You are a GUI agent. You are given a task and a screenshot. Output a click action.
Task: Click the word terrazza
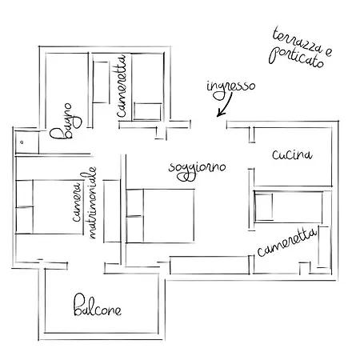297,42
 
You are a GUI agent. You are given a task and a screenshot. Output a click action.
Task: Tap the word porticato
296,58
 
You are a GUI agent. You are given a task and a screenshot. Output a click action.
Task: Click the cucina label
292,154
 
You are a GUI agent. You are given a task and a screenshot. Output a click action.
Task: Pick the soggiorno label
198,170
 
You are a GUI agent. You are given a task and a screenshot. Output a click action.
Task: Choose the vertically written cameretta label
122,86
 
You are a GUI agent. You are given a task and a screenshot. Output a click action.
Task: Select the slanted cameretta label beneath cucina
287,242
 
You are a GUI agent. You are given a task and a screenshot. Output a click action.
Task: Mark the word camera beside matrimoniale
77,202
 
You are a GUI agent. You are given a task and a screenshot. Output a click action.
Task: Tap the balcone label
98,306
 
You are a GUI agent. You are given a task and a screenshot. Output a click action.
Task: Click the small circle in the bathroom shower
22,142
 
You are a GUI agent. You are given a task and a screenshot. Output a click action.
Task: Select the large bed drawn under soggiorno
160,216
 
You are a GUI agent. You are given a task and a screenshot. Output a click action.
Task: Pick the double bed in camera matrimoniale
50,207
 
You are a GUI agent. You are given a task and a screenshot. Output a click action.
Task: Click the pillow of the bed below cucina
263,207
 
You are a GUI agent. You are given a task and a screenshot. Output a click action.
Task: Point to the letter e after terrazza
329,52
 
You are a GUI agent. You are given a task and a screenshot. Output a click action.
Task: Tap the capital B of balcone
78,305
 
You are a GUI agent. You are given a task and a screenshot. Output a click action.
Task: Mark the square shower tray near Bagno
27,142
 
